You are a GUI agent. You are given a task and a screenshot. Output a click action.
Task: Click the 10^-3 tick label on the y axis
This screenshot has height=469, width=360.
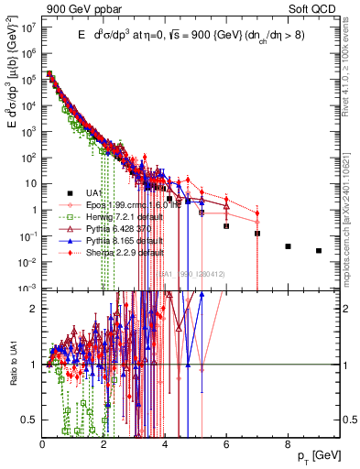tap(28, 288)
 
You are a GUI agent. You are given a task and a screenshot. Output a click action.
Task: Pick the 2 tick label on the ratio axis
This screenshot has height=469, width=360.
tap(35, 307)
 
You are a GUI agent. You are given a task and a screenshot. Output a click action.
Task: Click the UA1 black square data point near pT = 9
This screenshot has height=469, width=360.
tap(319, 251)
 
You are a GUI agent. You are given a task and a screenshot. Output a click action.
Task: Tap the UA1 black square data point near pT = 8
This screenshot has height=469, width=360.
tap(288, 246)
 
